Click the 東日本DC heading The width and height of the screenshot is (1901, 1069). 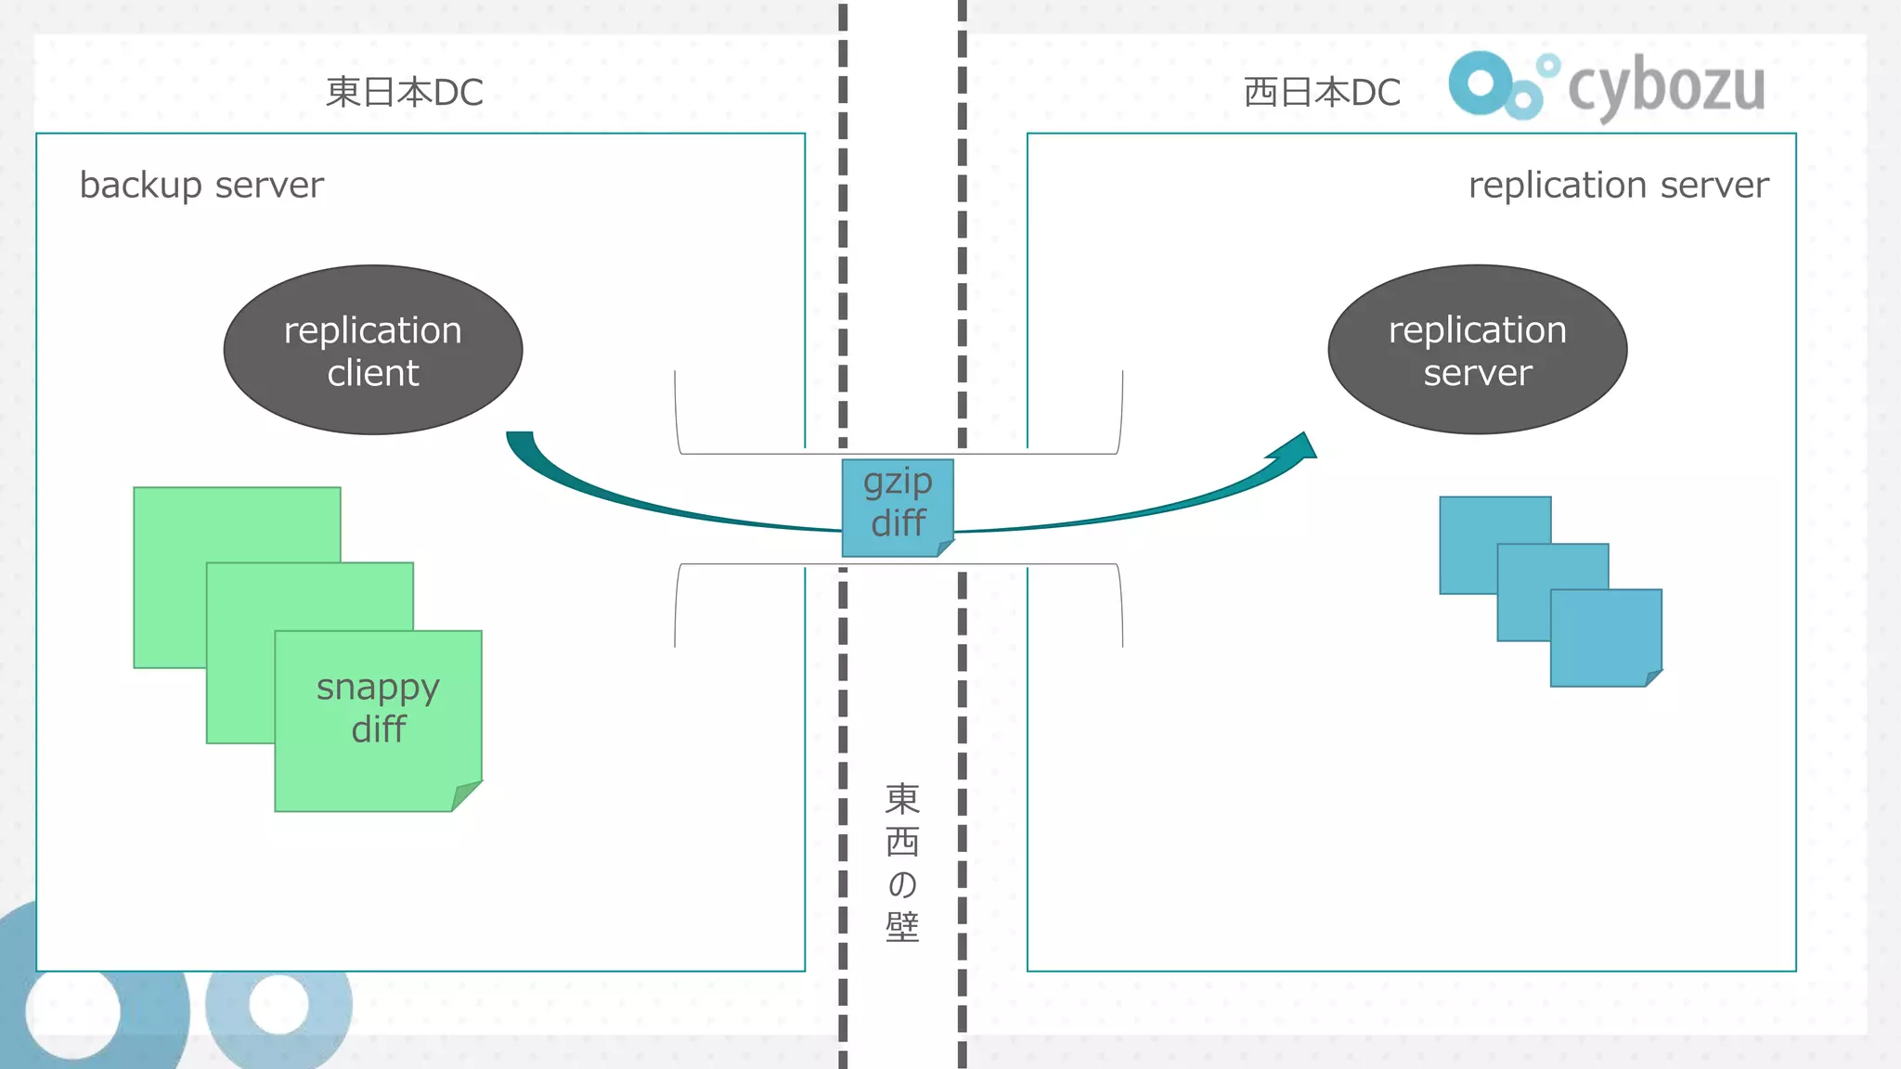[405, 93]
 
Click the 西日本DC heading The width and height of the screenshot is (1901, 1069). [1322, 93]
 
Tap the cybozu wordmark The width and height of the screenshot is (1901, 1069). [1666, 86]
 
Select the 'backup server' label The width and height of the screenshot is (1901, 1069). [201, 185]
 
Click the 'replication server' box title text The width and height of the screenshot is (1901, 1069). [1618, 185]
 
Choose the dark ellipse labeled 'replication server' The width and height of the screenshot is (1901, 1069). [1477, 349]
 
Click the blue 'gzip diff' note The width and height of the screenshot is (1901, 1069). [897, 506]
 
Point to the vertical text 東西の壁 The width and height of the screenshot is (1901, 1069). [901, 863]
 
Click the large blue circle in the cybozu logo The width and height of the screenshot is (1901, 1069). [1481, 84]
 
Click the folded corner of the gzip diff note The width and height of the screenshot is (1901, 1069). [945, 548]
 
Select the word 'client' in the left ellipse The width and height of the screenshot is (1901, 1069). [373, 373]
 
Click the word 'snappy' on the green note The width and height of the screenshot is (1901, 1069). [378, 688]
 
